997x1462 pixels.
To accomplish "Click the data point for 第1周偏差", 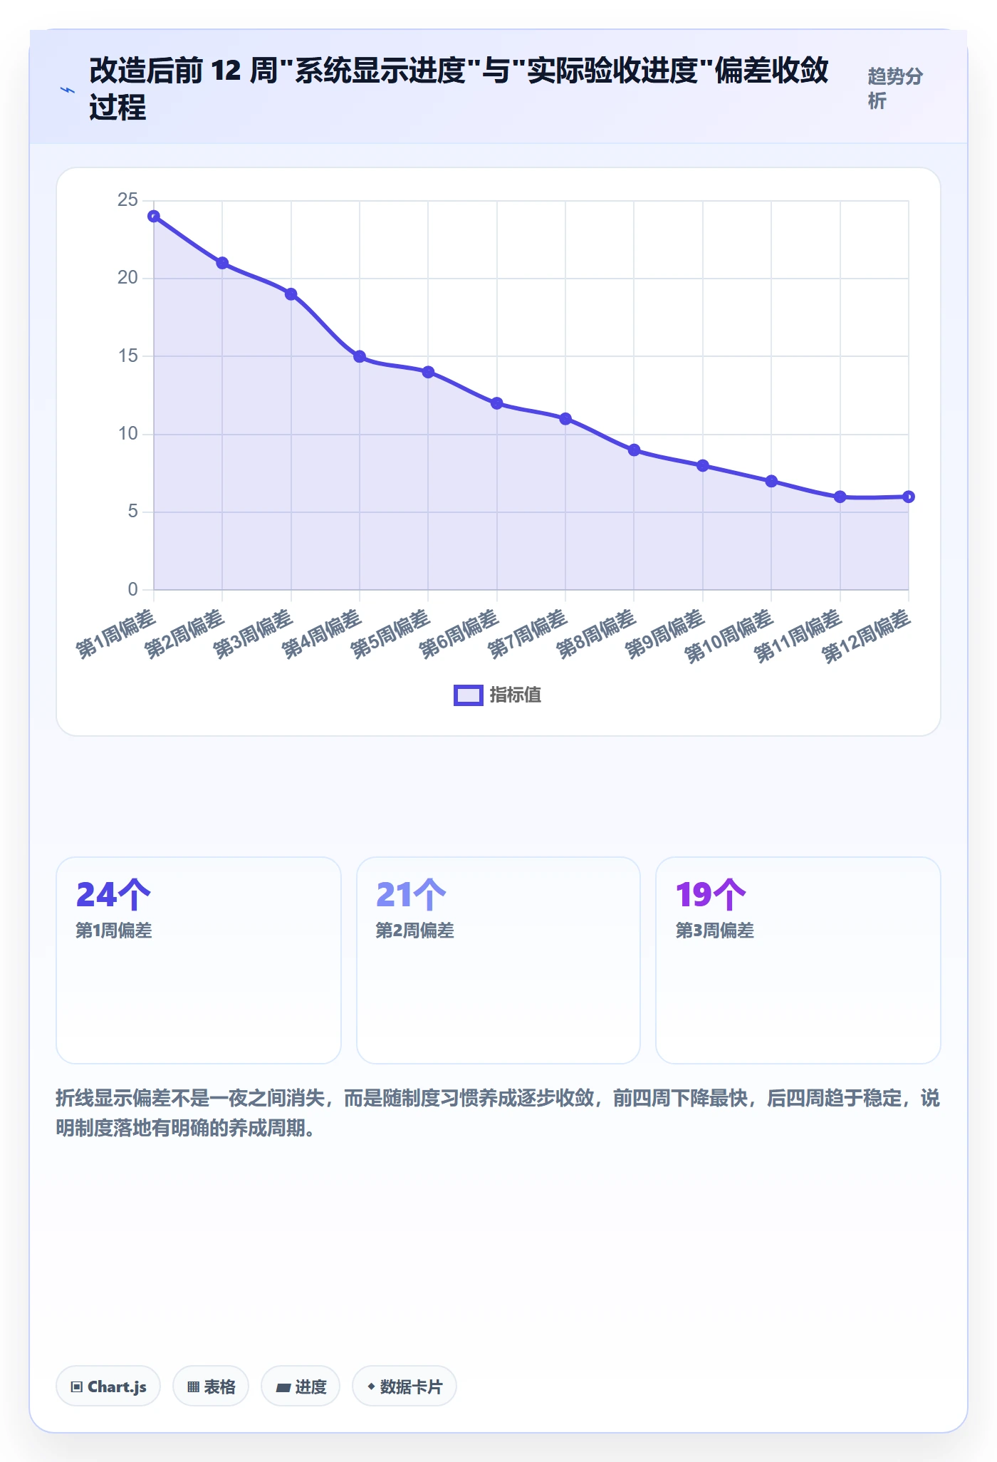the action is click(154, 217).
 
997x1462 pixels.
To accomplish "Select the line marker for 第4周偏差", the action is click(360, 356).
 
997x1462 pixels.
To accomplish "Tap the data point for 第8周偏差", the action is click(634, 450).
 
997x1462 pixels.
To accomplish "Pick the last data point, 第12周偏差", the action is click(909, 497).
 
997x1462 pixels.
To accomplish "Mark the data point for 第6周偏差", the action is click(497, 403).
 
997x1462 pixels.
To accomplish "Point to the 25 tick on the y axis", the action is click(127, 200).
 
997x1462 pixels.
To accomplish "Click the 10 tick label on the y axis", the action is click(127, 434).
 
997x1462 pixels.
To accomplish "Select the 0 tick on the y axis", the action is click(132, 589).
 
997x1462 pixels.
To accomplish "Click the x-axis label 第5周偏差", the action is click(390, 633).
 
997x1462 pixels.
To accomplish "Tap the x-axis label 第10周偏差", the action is click(729, 636).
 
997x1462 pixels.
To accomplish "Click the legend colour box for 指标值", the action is click(469, 695).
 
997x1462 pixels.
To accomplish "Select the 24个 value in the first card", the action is click(113, 895).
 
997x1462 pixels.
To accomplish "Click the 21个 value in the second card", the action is click(412, 895).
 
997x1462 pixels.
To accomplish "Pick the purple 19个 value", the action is click(711, 895).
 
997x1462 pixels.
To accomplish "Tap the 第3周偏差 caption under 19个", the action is click(714, 930).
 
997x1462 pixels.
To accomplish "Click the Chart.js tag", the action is click(108, 1386).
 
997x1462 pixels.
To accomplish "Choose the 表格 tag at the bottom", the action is click(211, 1386).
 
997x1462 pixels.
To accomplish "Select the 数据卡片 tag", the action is click(404, 1386).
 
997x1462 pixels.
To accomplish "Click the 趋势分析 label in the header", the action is click(895, 88).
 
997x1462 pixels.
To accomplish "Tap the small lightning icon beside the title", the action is click(68, 90).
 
